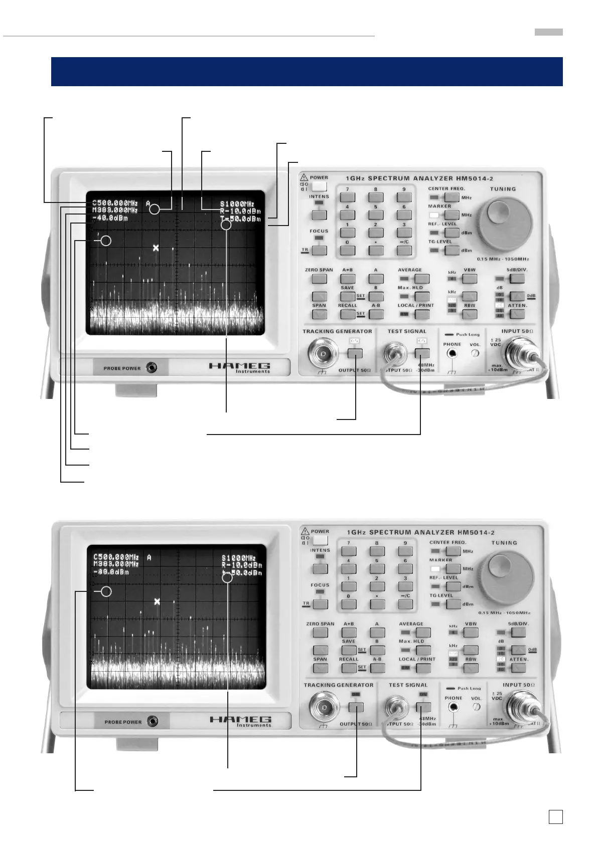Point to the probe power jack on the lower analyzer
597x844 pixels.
pos(152,722)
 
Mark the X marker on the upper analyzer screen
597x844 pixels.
pos(156,248)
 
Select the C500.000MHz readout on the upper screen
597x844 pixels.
pos(115,203)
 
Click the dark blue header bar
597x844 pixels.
pos(307,72)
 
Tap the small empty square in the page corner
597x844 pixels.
pos(555,817)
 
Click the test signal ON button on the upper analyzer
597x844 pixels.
pos(423,353)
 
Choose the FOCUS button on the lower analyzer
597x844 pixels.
pos(320,604)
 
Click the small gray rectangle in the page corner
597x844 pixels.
pos(548,32)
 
